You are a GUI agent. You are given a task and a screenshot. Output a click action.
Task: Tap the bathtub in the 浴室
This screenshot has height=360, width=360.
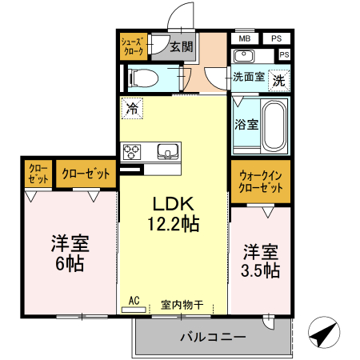click(x=274, y=126)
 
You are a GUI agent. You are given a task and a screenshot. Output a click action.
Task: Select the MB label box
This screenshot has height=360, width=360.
click(x=244, y=38)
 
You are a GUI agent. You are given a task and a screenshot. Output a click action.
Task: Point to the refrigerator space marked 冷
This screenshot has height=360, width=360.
click(x=130, y=107)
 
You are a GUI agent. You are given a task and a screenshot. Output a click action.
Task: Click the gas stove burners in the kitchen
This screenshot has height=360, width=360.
click(x=132, y=150)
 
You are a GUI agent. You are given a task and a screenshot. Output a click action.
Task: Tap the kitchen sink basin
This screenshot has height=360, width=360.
click(x=169, y=150)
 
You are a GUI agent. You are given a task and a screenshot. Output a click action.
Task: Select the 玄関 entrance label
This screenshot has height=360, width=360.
click(x=181, y=47)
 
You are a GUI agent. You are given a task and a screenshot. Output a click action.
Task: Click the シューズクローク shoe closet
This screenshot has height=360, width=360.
click(x=131, y=46)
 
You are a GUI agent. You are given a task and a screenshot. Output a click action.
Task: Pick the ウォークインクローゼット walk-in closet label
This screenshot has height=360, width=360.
click(x=260, y=182)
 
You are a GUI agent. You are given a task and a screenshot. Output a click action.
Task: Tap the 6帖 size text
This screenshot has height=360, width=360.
click(x=68, y=262)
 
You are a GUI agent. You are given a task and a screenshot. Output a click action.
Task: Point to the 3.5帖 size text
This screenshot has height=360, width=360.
click(x=260, y=270)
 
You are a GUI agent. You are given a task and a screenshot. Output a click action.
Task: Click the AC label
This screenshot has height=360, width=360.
click(x=133, y=301)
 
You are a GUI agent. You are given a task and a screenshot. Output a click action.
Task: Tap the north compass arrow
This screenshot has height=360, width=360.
click(x=322, y=332)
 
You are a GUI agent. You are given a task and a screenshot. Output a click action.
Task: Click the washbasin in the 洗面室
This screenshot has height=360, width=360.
click(x=245, y=56)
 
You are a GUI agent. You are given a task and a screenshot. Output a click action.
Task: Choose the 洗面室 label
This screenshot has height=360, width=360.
click(x=248, y=78)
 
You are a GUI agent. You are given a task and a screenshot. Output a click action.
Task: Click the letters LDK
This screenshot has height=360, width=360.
click(x=174, y=202)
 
